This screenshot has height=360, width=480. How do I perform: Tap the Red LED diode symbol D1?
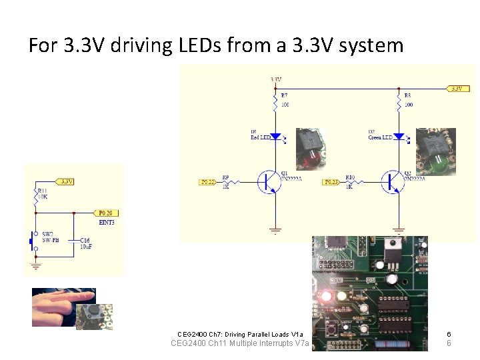[275, 136]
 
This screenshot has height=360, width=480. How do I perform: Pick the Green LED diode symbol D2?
[399, 136]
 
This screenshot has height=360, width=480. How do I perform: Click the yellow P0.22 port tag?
[208, 181]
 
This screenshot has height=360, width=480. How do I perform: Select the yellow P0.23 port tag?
[331, 181]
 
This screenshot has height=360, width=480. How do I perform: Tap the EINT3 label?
[106, 222]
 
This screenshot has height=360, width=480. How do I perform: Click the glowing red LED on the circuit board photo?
[327, 295]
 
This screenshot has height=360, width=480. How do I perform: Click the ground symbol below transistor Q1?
[275, 229]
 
